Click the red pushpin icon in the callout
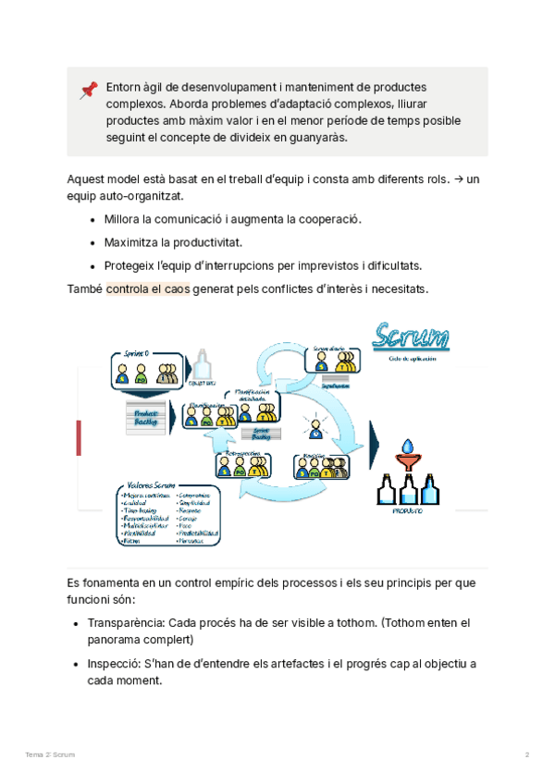tap(89, 90)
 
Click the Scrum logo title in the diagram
tap(411, 337)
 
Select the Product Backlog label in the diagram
tap(146, 417)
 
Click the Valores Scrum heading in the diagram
tap(152, 485)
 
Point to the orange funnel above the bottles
tap(406, 455)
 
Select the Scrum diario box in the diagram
tap(330, 364)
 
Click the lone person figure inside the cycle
tap(315, 428)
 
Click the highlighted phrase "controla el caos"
tap(148, 289)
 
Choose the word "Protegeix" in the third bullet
tap(129, 265)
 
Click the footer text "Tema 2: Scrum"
tap(50, 755)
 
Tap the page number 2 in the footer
tap(527, 755)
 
